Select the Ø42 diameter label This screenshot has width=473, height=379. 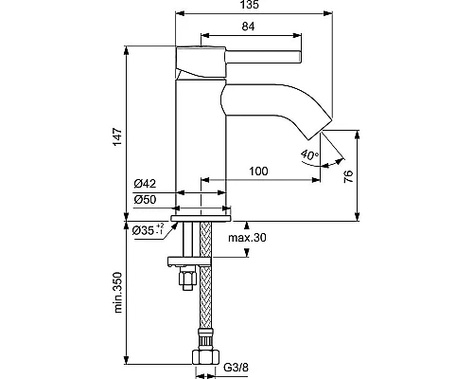click(145, 185)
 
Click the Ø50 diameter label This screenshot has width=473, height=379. click(145, 200)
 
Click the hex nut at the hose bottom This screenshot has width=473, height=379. click(204, 359)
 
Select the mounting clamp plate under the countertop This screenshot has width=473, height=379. click(195, 261)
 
